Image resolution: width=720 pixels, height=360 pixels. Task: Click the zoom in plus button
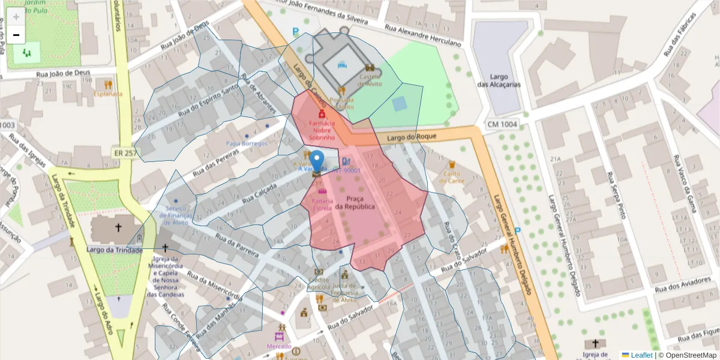click(x=16, y=16)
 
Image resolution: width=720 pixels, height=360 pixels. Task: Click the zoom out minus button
click(x=16, y=35)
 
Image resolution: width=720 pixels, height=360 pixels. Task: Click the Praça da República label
click(x=355, y=202)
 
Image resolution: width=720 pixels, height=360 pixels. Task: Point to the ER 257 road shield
click(x=124, y=154)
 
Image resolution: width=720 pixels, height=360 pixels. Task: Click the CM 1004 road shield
click(x=502, y=124)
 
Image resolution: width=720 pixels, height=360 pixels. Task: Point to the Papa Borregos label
click(x=247, y=145)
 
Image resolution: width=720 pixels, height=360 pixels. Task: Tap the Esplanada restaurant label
click(x=108, y=94)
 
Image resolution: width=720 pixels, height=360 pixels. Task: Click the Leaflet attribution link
click(x=641, y=355)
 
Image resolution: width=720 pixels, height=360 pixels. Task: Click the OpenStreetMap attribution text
click(x=688, y=355)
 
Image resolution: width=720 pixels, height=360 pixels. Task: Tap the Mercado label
click(x=280, y=346)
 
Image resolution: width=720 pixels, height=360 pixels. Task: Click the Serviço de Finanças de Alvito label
click(x=176, y=215)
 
